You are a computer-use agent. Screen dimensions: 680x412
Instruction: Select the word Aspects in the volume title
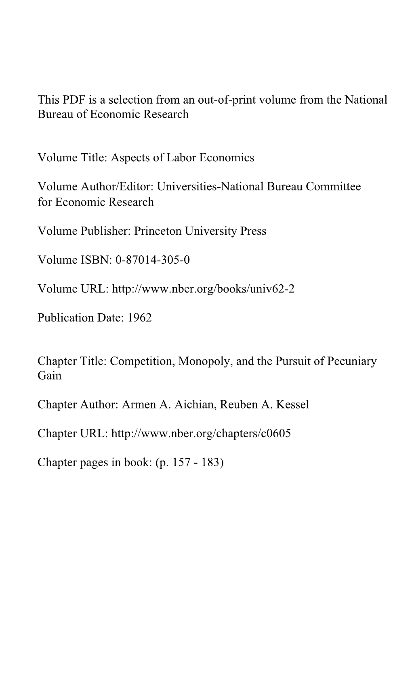click(130, 157)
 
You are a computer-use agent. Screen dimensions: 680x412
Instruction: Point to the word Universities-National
click(210, 186)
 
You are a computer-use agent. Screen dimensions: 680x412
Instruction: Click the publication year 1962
click(139, 318)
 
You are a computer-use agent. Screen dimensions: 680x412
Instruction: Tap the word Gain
click(49, 375)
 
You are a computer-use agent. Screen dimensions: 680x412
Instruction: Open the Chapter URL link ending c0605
click(201, 434)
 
